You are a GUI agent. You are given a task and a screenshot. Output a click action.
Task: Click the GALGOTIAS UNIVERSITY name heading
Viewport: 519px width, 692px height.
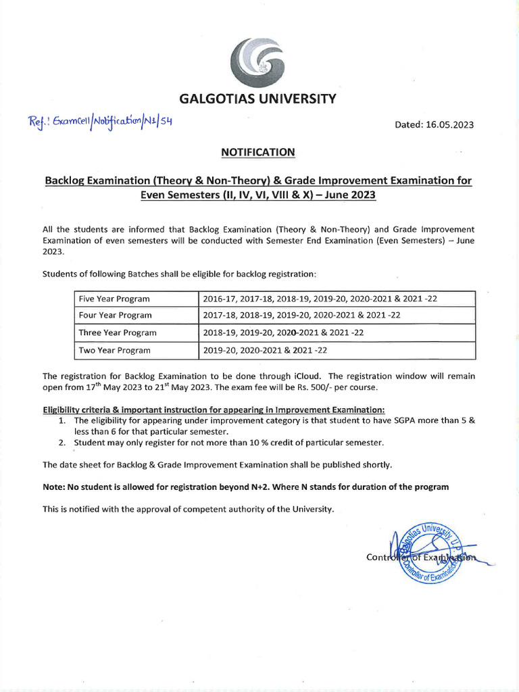pos(257,99)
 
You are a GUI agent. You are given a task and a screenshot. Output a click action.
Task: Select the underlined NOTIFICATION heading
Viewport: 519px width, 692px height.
pos(258,153)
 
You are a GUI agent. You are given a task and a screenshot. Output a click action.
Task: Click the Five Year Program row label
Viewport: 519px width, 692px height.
pos(114,299)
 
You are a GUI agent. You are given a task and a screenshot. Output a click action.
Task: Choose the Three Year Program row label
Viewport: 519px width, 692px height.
pos(117,332)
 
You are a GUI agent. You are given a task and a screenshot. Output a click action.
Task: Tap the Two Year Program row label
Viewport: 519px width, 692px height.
pos(114,350)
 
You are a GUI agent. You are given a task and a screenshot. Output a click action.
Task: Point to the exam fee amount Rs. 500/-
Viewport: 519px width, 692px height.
pos(356,387)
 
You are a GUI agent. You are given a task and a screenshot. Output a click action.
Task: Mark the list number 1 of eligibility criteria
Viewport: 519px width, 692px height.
pos(61,420)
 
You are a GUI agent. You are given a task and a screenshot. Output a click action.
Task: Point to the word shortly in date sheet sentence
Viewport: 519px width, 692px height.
pos(376,465)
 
